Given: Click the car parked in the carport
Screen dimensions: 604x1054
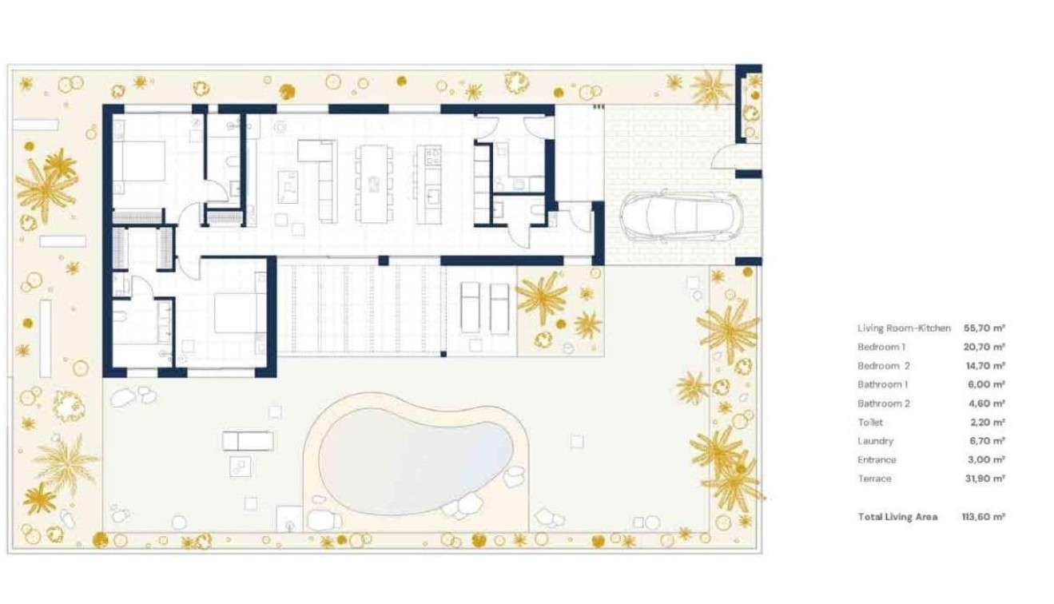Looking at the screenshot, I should pyautogui.click(x=680, y=216).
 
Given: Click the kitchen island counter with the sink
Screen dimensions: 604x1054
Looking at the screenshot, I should pyautogui.click(x=429, y=183).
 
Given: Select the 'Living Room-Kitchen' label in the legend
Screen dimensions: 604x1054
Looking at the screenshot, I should pyautogui.click(x=904, y=328).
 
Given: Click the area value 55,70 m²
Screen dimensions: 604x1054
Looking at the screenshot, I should pyautogui.click(x=984, y=328).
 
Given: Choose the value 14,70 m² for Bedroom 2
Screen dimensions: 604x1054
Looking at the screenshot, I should pyautogui.click(x=984, y=366).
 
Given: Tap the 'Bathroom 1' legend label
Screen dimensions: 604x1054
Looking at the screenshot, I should pyautogui.click(x=882, y=384).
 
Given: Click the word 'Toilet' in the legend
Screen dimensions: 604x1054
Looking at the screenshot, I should pyautogui.click(x=870, y=423).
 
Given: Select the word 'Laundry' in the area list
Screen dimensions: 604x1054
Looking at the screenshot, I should pyautogui.click(x=875, y=441).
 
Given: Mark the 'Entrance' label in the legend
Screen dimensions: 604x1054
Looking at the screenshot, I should pyautogui.click(x=877, y=460).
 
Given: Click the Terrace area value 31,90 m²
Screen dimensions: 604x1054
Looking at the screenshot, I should pyautogui.click(x=984, y=479).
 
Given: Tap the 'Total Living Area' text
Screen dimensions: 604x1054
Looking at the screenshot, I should pyautogui.click(x=897, y=517).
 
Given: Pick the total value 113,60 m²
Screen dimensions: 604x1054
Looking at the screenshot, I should pyautogui.click(x=983, y=517).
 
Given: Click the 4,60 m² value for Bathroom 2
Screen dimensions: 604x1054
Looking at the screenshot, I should pyautogui.click(x=985, y=403).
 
